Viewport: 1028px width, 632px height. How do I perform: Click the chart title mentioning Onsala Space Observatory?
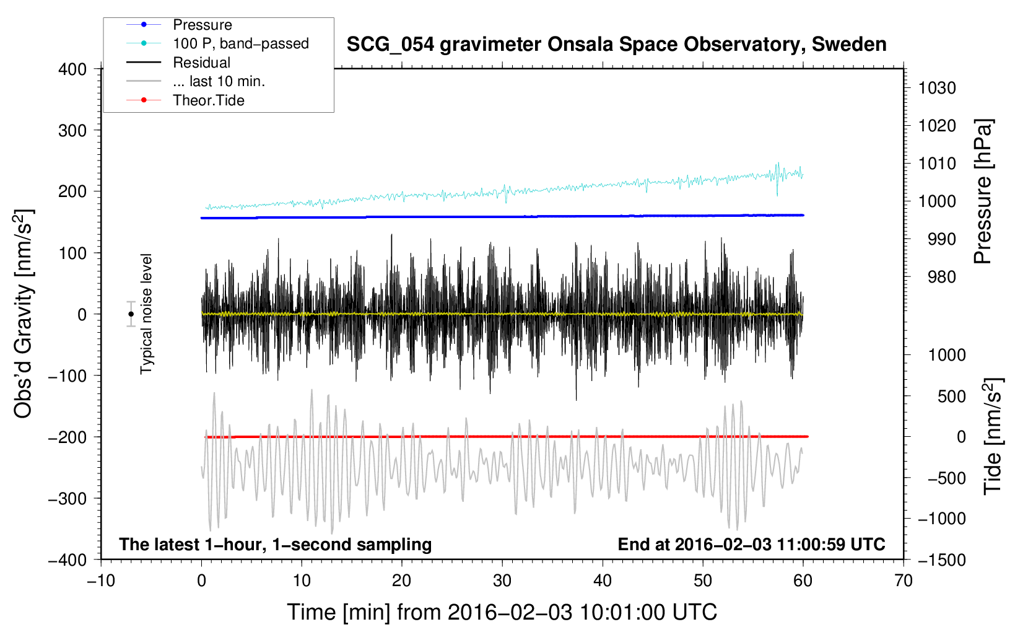tap(616, 45)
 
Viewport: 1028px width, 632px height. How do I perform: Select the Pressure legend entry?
tap(203, 25)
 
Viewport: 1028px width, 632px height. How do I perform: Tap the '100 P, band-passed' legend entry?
tap(240, 43)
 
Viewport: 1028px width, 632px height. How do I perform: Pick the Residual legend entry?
tap(201, 63)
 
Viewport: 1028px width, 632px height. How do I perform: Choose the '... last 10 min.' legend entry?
tap(219, 81)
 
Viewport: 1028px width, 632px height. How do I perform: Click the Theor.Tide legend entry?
tap(209, 100)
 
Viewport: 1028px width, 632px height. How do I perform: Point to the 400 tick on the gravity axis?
tap(73, 69)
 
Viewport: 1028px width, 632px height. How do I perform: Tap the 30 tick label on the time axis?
tap(502, 581)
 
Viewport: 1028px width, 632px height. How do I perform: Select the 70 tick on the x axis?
tap(904, 581)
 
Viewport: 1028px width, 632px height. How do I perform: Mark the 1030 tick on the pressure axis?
tap(937, 88)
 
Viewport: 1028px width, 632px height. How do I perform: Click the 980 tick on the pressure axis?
tap(941, 277)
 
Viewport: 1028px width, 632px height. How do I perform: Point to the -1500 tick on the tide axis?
tap(942, 560)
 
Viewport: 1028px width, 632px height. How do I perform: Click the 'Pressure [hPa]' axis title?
tap(983, 191)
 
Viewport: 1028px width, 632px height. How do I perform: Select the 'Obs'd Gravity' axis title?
tap(24, 314)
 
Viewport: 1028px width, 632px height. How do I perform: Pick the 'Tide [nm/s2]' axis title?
tap(993, 436)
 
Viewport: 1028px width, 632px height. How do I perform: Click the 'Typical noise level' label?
tap(146, 314)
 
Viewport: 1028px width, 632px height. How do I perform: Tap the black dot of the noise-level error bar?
tap(131, 314)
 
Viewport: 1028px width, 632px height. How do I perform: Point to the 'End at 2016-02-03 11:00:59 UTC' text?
tap(751, 544)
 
